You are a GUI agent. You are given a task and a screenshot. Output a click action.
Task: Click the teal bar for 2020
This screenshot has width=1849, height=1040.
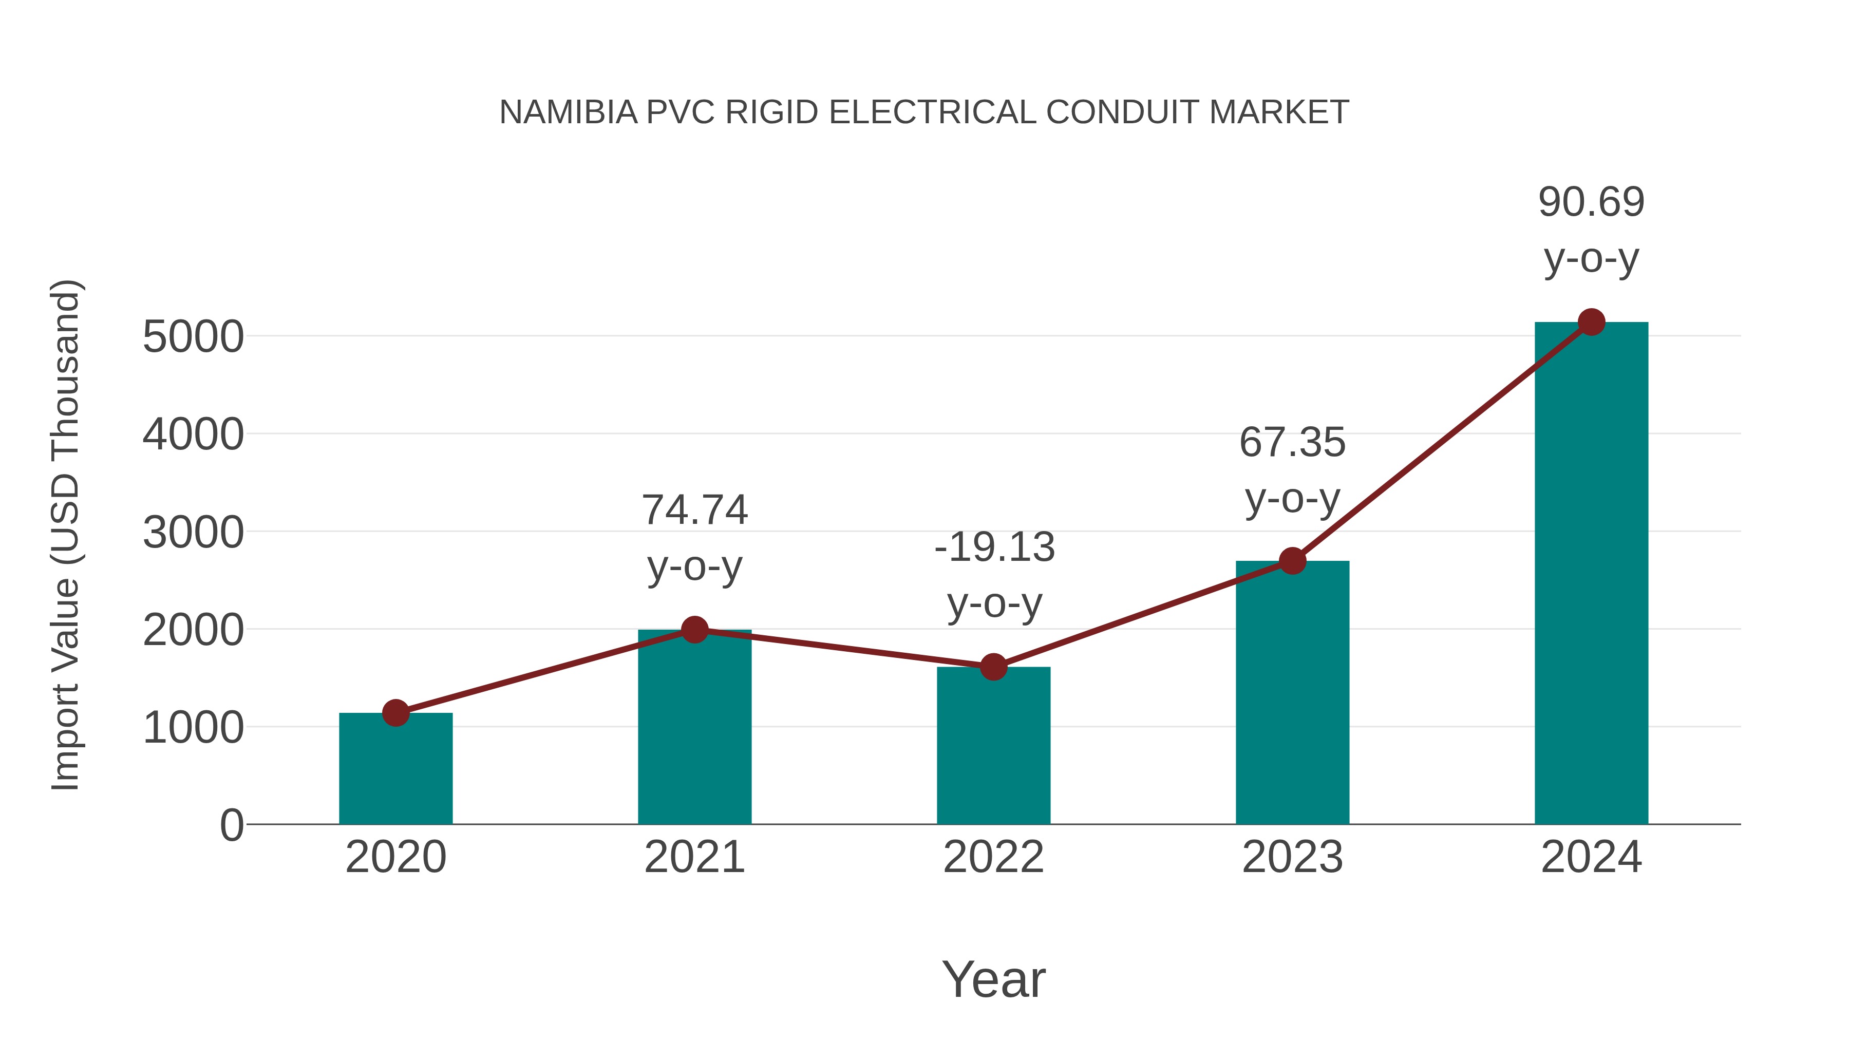click(x=395, y=771)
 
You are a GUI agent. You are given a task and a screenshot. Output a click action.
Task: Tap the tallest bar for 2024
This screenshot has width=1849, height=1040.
click(x=1591, y=574)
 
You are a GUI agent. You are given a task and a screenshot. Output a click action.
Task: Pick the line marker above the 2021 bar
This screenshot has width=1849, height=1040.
click(x=694, y=630)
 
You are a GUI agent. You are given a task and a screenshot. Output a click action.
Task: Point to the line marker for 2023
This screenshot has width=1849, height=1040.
click(x=1292, y=560)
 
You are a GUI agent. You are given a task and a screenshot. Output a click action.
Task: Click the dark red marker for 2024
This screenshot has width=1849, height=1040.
click(x=1591, y=322)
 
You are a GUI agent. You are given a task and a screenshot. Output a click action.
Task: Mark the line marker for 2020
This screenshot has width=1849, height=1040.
click(x=395, y=713)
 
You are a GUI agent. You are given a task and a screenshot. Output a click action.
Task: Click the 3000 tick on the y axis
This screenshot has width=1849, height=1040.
click(x=193, y=533)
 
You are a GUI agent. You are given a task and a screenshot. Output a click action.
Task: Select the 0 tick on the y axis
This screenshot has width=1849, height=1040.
click(x=231, y=825)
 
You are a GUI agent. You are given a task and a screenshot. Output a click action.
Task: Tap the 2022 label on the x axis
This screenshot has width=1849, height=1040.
click(x=993, y=857)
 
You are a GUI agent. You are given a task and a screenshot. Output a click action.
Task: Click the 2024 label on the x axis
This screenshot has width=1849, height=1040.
click(x=1591, y=857)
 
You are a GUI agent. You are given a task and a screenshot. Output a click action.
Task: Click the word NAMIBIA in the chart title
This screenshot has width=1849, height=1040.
click(x=568, y=112)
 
